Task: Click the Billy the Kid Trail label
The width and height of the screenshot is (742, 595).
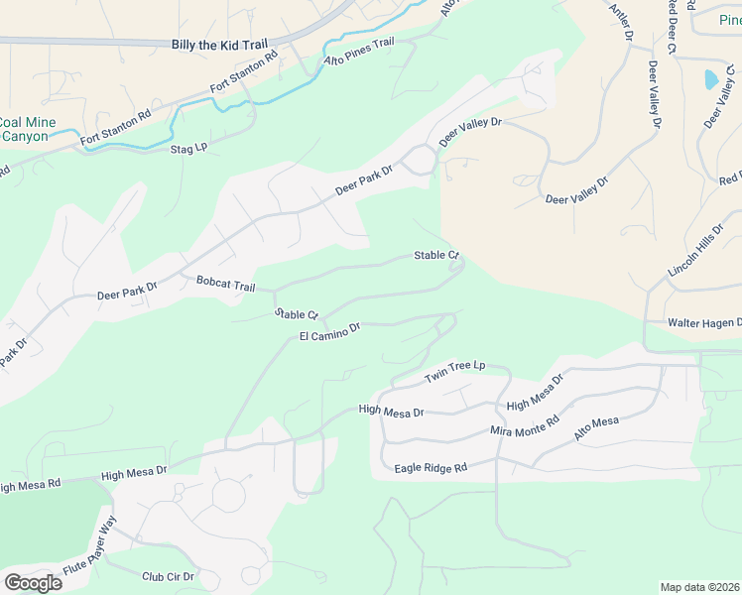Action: pos(220,45)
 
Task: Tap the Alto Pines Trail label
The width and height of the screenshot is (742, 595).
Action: pos(359,54)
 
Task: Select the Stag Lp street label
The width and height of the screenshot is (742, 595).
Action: pos(188,148)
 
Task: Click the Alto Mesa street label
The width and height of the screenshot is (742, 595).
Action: pos(596,428)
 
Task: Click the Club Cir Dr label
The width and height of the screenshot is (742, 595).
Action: pos(168,576)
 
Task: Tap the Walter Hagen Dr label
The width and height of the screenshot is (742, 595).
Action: pos(704,322)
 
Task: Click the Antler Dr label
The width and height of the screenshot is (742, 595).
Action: pos(619,21)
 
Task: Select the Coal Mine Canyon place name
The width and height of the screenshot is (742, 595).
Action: pos(24,129)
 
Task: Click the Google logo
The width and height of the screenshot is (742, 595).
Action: pos(33,582)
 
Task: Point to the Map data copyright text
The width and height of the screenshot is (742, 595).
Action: pos(699,587)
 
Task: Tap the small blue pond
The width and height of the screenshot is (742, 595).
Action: pos(710,78)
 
